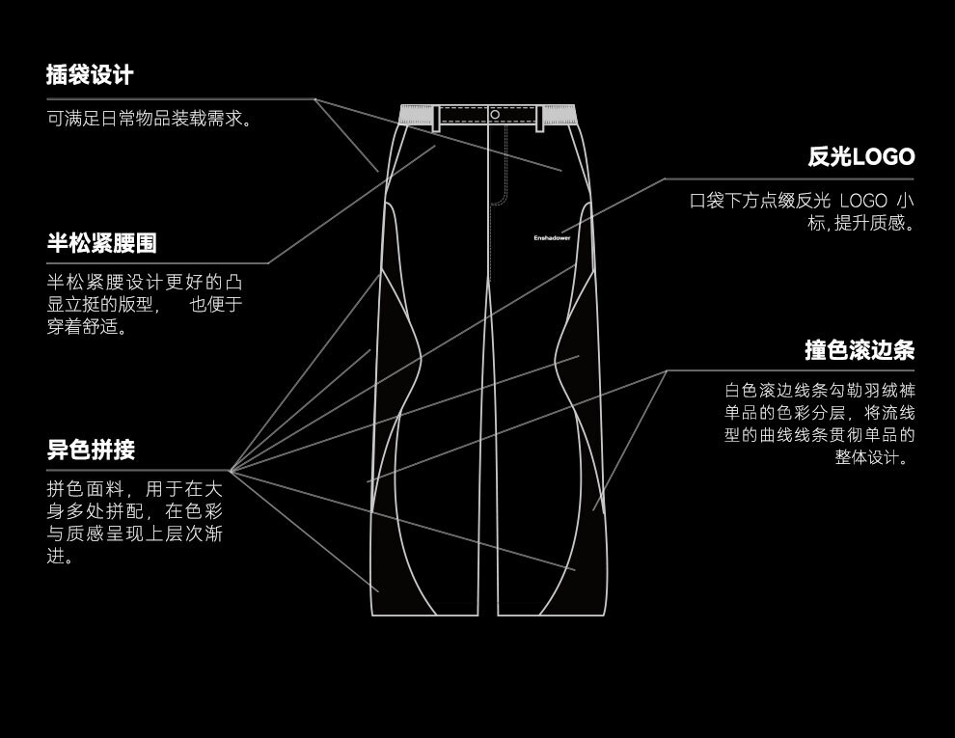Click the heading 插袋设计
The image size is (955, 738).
[x=90, y=74]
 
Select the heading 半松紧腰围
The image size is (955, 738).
[x=101, y=241]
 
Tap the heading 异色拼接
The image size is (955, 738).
[x=91, y=450]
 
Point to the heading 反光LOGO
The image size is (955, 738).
[x=860, y=156]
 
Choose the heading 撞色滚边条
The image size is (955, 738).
[x=859, y=349]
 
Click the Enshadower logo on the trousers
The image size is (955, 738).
[x=552, y=236]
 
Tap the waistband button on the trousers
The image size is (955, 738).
[x=495, y=115]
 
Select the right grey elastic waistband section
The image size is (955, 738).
[x=560, y=116]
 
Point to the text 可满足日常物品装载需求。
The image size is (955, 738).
[x=150, y=119]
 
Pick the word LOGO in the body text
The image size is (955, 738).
[x=862, y=202]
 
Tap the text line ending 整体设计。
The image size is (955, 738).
[x=874, y=457]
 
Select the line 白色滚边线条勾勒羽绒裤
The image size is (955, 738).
[x=820, y=391]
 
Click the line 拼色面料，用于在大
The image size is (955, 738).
[x=135, y=487]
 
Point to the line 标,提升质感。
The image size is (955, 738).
[x=861, y=224]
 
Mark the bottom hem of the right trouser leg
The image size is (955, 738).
[x=554, y=614]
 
